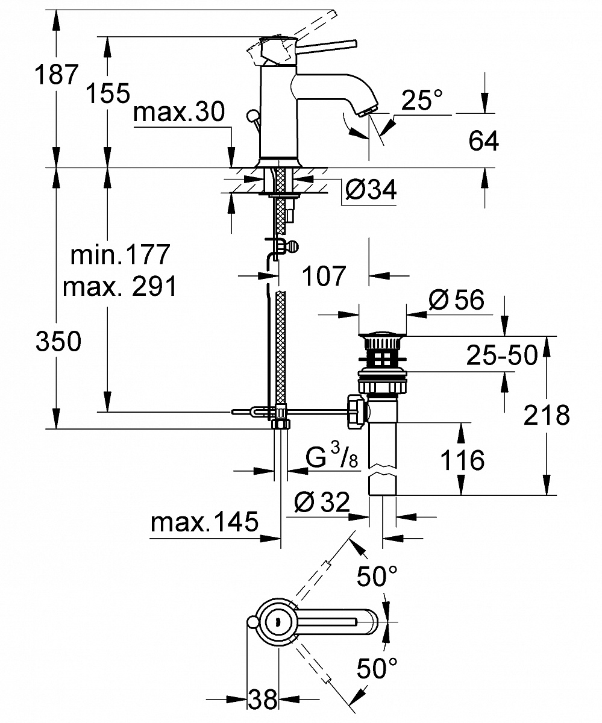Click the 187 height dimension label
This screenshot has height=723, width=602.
pos(57,75)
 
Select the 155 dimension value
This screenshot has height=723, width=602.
pos(107,93)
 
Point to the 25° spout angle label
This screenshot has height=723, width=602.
pos(422,101)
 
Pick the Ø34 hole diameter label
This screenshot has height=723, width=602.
pos(371,190)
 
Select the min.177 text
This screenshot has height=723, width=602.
pos(120,255)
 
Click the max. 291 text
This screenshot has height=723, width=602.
pos(120,287)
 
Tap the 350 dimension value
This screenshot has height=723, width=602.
pos(58,342)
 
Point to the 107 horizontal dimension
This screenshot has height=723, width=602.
pos(324,276)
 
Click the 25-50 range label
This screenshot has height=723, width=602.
pos(501,355)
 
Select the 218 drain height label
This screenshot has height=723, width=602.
pos(547,415)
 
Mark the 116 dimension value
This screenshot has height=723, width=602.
pos(461,461)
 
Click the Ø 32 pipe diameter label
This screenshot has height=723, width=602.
pos(323,501)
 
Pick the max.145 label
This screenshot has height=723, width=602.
pos(204,522)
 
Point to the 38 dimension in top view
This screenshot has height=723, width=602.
pos(263,700)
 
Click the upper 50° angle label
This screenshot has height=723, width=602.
pos(377,577)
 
